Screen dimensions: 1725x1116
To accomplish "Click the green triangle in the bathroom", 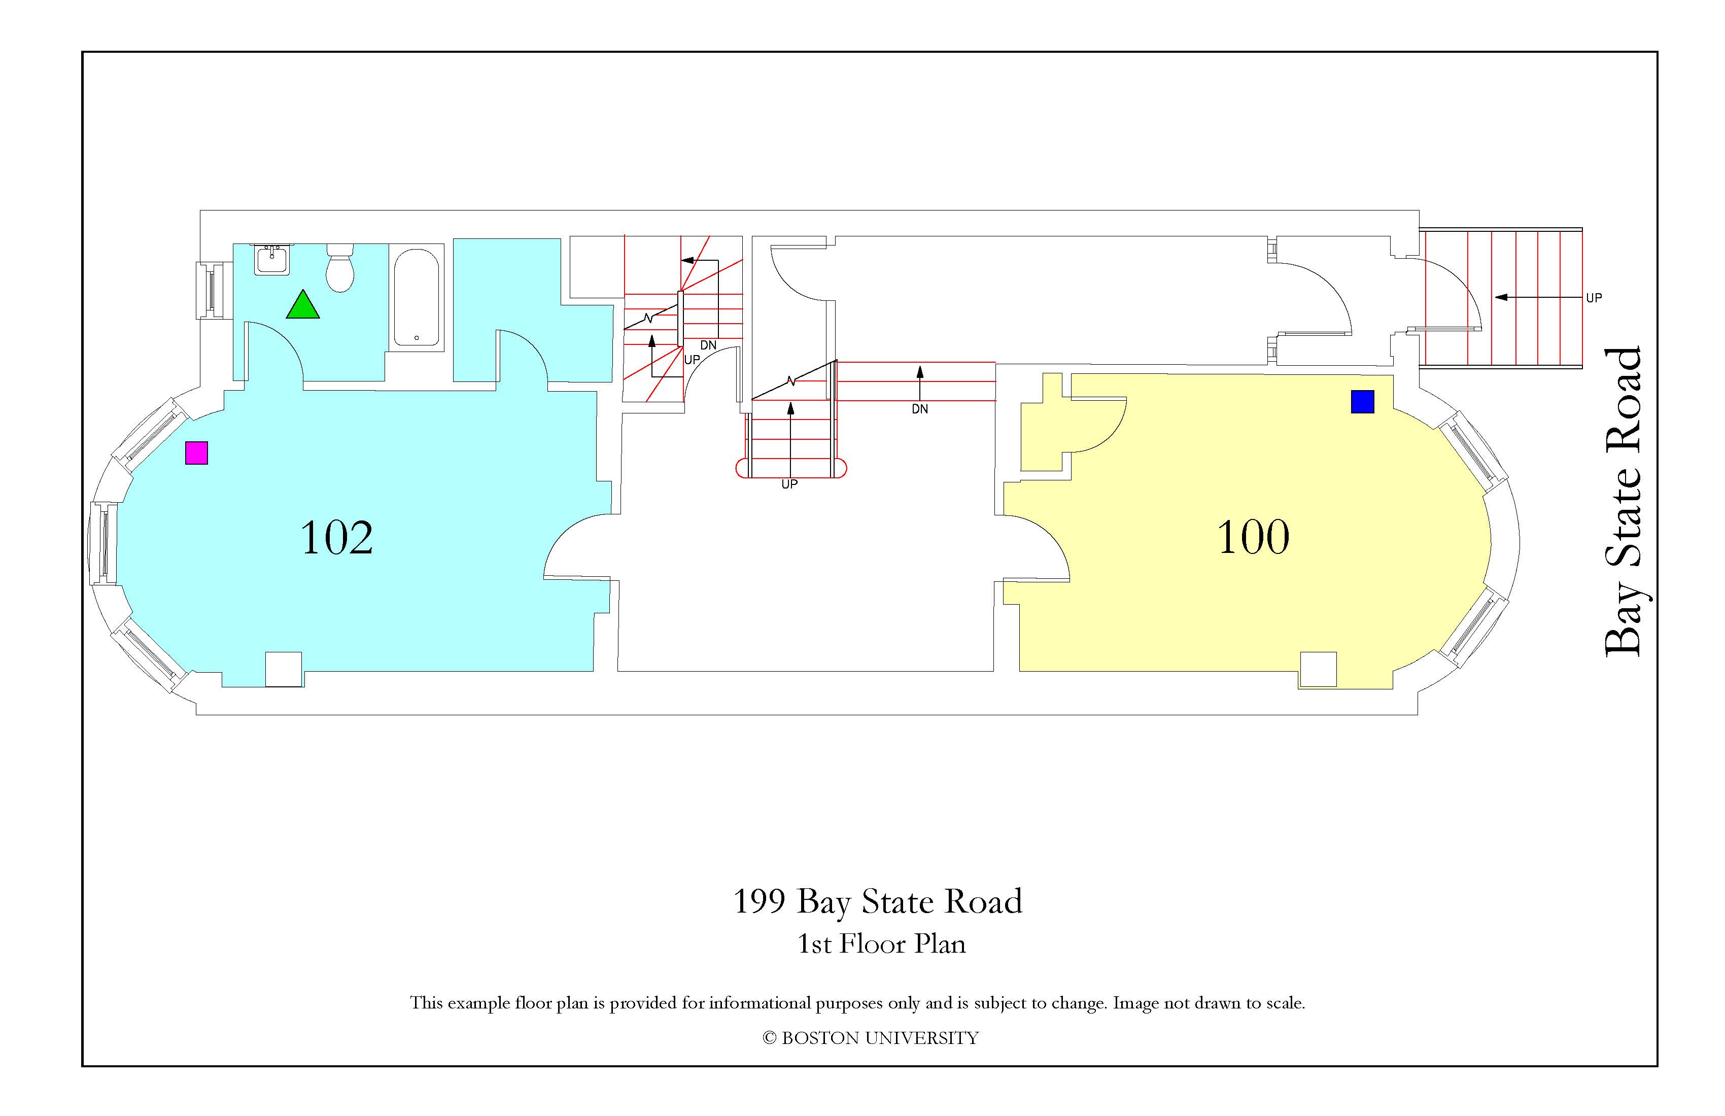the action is [303, 305].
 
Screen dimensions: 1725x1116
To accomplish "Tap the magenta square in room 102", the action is [196, 453].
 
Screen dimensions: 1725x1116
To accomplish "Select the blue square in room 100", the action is [1363, 401].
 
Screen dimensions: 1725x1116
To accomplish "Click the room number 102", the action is [336, 537].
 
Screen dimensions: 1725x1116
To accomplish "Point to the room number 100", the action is [1253, 537].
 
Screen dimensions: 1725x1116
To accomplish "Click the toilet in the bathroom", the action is [340, 267].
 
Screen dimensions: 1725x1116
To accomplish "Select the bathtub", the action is [416, 298].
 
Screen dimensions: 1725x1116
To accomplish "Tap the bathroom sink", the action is [272, 259].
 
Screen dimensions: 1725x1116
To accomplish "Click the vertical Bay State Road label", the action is [1623, 502].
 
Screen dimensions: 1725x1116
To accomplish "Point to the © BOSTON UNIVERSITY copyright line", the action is [871, 1038].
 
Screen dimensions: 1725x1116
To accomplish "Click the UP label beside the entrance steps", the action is [1594, 298].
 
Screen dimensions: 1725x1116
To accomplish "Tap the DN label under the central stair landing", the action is [920, 409].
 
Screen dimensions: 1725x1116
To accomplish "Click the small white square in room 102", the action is [284, 670].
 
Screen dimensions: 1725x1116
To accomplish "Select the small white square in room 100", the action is [1318, 670].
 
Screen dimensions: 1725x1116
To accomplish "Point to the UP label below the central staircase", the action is [789, 484].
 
